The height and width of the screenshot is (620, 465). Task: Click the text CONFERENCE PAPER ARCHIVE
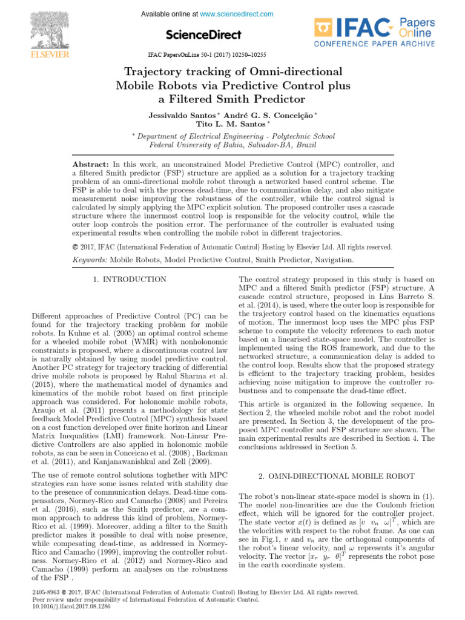pos(374,44)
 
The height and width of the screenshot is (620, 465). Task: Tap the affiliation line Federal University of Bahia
pos(233,145)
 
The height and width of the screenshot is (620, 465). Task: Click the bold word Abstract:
pos(90,165)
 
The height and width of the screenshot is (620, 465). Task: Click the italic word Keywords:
pos(90,259)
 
